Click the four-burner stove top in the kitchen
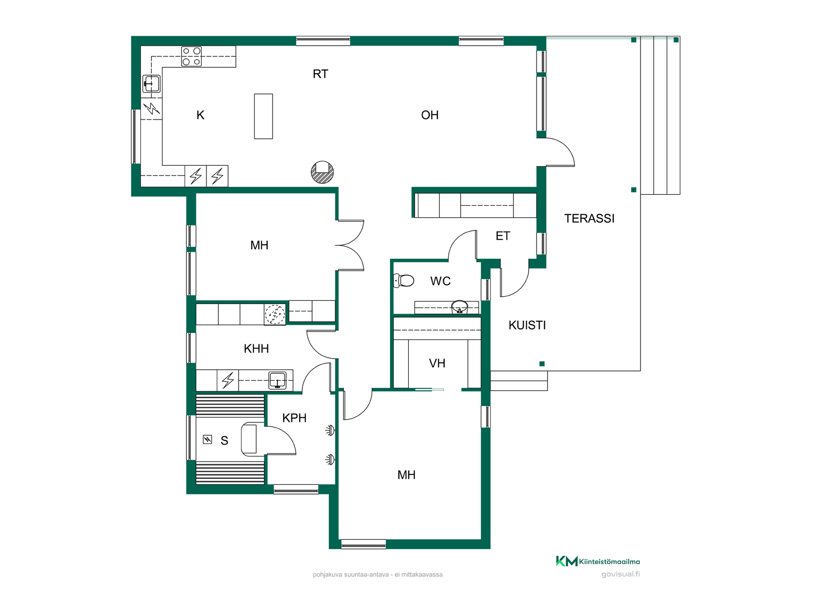pyautogui.click(x=191, y=57)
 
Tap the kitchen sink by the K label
pyautogui.click(x=151, y=84)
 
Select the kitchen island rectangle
pyautogui.click(x=263, y=116)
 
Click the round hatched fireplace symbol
pyautogui.click(x=322, y=172)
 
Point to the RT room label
pyautogui.click(x=320, y=74)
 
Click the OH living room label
pyautogui.click(x=430, y=115)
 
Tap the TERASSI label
pyautogui.click(x=589, y=218)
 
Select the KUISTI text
pyautogui.click(x=527, y=325)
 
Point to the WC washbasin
pyautogui.click(x=459, y=306)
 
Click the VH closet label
pyautogui.click(x=437, y=363)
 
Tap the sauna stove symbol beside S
pyautogui.click(x=207, y=439)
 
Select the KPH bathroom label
pyautogui.click(x=294, y=418)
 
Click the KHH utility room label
pyautogui.click(x=256, y=349)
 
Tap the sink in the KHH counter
pyautogui.click(x=278, y=380)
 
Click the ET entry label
pyautogui.click(x=503, y=236)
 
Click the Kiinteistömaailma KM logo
pyautogui.click(x=567, y=561)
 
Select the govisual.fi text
pyautogui.click(x=620, y=574)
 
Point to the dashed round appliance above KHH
pyautogui.click(x=275, y=314)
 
